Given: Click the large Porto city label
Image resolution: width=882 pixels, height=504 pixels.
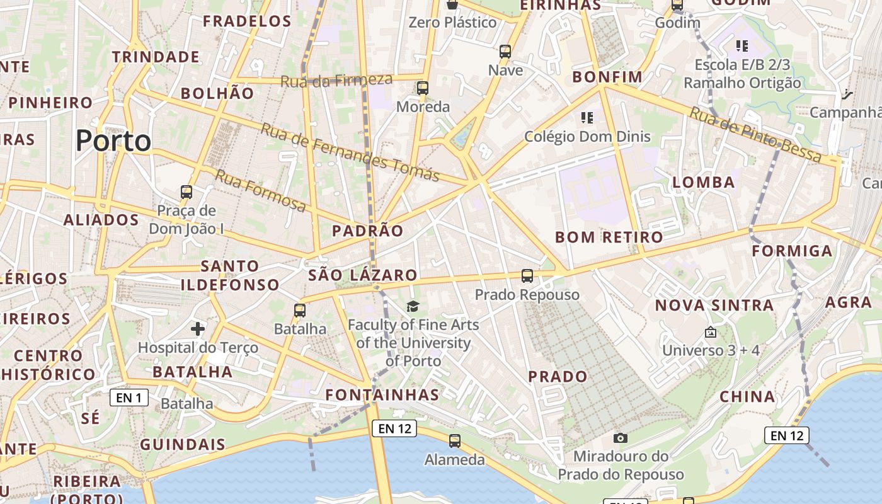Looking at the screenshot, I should [113, 140].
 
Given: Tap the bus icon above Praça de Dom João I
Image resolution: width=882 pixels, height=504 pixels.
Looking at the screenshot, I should [186, 192].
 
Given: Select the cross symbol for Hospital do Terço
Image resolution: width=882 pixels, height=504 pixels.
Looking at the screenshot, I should [198, 328].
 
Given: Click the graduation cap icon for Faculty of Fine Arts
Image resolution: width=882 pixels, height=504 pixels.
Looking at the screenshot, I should [413, 306].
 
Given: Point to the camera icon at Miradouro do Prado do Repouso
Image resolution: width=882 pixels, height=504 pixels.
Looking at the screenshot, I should [621, 438].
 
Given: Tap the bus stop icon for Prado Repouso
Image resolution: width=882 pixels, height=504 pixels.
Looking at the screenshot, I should [527, 275].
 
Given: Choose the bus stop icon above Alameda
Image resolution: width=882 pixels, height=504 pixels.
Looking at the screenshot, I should [454, 441].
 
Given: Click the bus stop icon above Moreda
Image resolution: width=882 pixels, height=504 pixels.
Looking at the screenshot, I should [423, 88].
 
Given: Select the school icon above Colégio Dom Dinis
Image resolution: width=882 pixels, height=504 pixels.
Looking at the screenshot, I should [587, 117].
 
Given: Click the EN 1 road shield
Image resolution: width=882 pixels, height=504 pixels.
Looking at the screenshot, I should [129, 398].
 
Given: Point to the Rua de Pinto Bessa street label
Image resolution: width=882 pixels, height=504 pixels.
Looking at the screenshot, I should [755, 135].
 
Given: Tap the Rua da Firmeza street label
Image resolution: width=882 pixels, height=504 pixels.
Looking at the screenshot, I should [336, 80].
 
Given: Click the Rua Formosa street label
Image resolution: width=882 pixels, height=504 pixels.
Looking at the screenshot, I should [260, 190].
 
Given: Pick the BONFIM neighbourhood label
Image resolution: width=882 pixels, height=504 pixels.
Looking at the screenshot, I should [607, 77].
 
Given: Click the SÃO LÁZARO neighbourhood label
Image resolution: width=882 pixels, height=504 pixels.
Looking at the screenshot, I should [363, 275].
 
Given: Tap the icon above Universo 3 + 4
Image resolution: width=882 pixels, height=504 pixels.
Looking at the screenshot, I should [711, 331].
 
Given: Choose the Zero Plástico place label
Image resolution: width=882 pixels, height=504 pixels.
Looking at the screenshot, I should [452, 23].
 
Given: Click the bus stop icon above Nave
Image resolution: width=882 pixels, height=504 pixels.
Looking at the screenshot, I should [505, 51].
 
